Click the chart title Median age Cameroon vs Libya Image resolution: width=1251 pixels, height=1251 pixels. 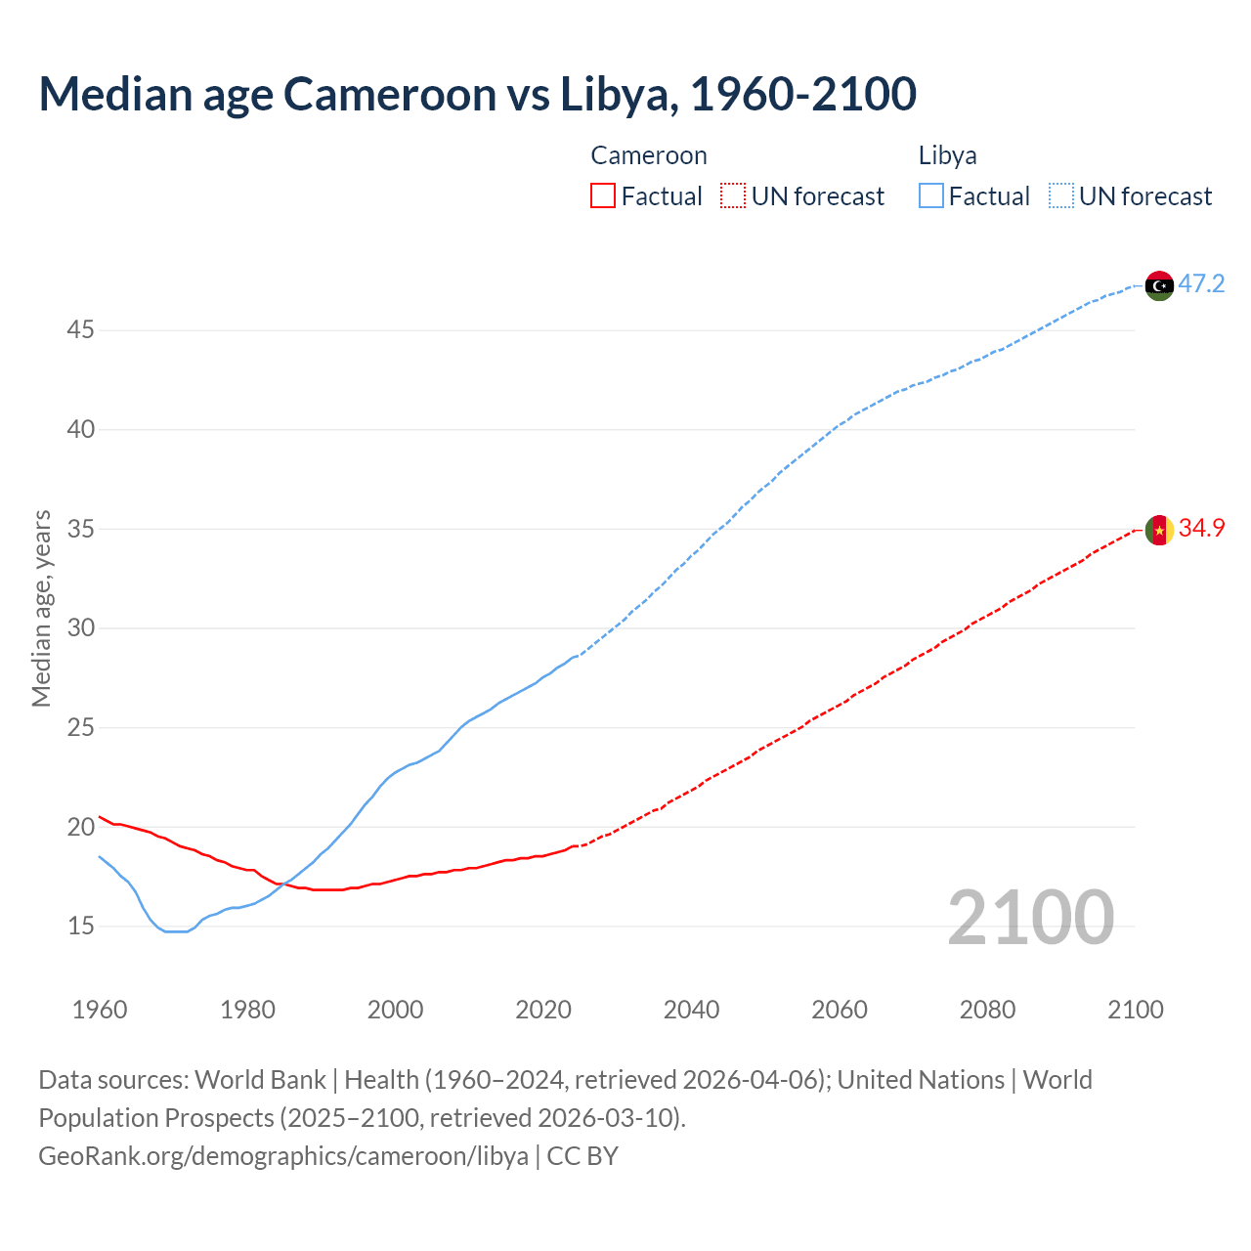[477, 94]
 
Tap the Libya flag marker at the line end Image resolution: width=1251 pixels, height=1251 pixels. [1159, 285]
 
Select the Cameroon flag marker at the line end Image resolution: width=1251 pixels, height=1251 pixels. [1159, 529]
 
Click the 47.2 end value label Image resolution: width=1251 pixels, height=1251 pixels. [1201, 284]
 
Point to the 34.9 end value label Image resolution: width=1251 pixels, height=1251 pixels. [1201, 528]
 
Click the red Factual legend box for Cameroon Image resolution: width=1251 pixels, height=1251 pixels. [603, 196]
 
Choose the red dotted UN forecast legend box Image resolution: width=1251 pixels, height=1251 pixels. [733, 196]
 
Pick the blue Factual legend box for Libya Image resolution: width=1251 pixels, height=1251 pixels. [931, 196]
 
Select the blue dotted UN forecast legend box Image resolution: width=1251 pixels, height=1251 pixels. [1060, 196]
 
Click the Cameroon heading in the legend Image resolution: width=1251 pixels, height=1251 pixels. [648, 155]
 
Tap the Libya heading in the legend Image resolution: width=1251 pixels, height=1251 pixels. [947, 155]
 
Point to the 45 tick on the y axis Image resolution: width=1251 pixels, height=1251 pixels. [80, 330]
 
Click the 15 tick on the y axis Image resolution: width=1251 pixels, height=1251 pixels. [80, 926]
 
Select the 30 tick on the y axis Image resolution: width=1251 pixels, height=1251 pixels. [80, 627]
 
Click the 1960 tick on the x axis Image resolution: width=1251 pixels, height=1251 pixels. [100, 1010]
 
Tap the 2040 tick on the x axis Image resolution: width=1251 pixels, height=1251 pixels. [691, 1010]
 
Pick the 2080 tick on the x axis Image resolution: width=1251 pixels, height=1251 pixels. [987, 1010]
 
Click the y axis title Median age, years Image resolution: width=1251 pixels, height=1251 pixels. [41, 608]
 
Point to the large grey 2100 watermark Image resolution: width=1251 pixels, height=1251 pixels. [1030, 917]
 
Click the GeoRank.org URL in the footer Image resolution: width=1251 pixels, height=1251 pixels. [283, 1156]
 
